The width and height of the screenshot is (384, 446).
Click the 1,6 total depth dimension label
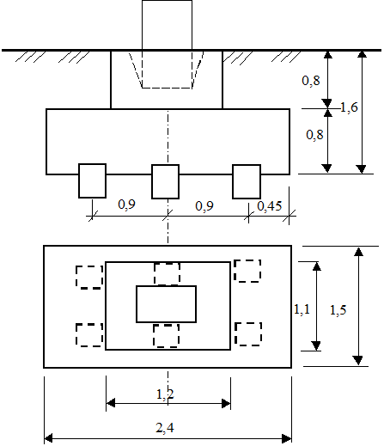349,107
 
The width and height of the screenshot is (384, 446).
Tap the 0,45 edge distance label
270,206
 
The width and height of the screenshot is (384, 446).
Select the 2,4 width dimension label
165,428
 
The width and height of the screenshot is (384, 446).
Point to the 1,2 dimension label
165,394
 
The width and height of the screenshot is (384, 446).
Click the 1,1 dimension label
302,309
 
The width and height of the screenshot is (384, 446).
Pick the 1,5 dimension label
338,310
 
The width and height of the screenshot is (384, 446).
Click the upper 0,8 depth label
311,81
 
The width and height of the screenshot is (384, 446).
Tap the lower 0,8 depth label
314,135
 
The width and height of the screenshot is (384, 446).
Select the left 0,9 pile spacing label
126,205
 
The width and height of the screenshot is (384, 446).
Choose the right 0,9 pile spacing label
204,206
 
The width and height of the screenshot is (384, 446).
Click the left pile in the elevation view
92,180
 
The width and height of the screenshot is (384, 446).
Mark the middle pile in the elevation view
165,181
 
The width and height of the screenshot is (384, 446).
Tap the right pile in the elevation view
247,181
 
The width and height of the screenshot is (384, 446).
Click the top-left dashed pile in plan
89,277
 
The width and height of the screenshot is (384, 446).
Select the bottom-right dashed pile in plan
248,334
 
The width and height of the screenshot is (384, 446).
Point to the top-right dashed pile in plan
247,271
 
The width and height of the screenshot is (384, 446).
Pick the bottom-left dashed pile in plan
89,335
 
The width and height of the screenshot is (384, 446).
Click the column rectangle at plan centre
166,304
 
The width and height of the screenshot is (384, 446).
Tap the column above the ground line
167,25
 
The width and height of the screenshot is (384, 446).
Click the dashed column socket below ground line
167,70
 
